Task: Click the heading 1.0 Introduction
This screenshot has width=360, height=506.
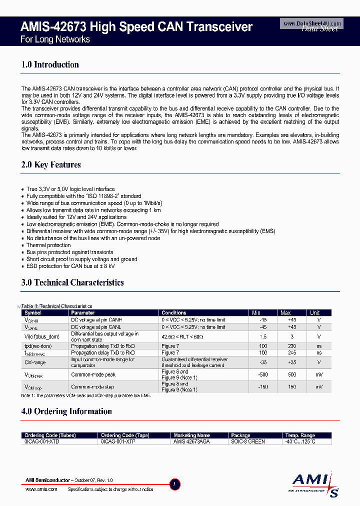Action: pyautogui.click(x=50, y=64)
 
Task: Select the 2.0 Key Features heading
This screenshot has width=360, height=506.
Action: pyautogui.click(x=51, y=164)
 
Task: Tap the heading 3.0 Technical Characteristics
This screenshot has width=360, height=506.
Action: pyautogui.click(x=72, y=282)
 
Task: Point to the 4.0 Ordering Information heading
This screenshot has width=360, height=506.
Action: pyautogui.click(x=66, y=411)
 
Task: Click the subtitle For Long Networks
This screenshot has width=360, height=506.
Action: pyautogui.click(x=55, y=39)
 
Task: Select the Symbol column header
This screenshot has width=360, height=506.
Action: pyautogui.click(x=33, y=313)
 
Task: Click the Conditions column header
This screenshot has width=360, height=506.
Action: pyautogui.click(x=174, y=313)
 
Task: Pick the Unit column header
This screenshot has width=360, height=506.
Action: pyautogui.click(x=314, y=313)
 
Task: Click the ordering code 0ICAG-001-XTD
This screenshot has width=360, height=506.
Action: pyautogui.click(x=41, y=441)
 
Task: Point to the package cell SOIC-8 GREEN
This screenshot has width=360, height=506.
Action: pyautogui.click(x=248, y=441)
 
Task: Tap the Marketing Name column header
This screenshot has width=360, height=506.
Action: pyautogui.click(x=191, y=435)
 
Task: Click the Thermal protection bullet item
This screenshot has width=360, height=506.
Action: pyautogui.click(x=48, y=245)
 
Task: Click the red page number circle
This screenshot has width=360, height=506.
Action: pyautogui.click(x=174, y=483)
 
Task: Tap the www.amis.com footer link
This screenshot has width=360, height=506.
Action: pyautogui.click(x=41, y=489)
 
